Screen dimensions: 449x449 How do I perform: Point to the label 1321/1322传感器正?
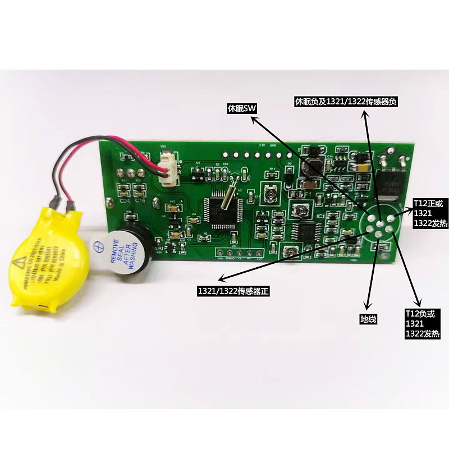[230, 291]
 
